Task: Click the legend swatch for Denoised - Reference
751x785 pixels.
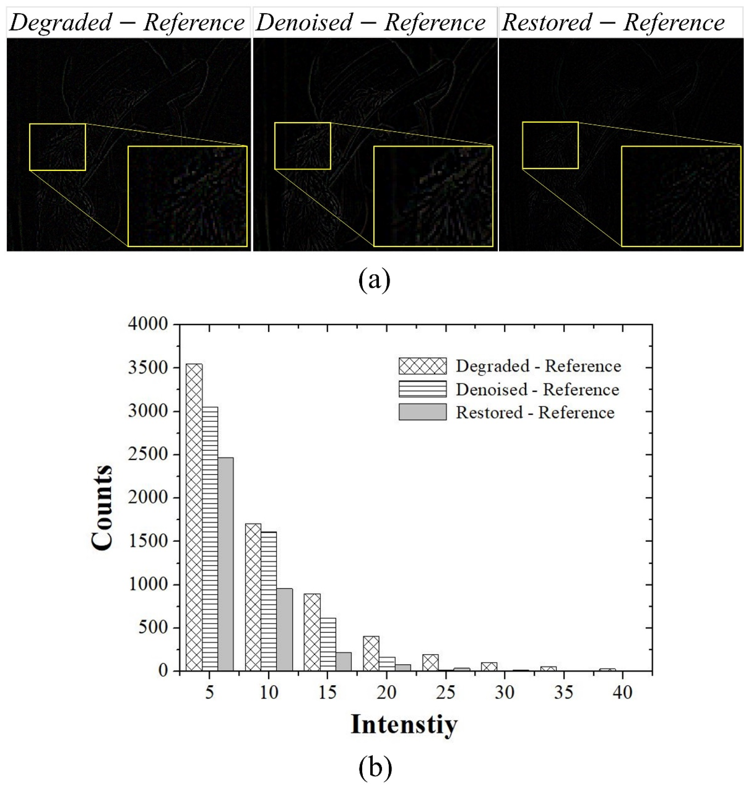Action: pyautogui.click(x=422, y=389)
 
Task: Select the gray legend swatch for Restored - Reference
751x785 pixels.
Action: pyautogui.click(x=422, y=412)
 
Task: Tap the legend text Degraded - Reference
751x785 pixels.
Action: pyautogui.click(x=538, y=366)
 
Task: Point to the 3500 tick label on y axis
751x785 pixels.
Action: pyautogui.click(x=148, y=368)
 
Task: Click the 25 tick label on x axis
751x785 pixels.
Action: pyautogui.click(x=446, y=692)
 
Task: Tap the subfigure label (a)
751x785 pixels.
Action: pyautogui.click(x=374, y=281)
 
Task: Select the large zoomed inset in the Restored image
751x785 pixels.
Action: pyautogui.click(x=681, y=196)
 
